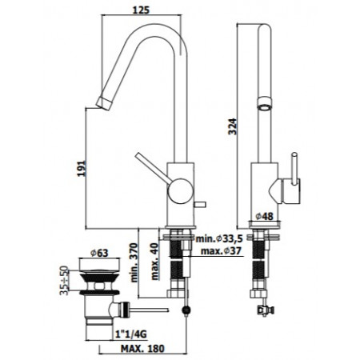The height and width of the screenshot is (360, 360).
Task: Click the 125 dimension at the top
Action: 141,10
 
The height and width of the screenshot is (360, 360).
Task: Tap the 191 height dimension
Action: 82,168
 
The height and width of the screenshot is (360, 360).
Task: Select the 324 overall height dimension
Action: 232,126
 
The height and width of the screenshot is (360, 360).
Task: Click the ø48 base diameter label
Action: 264,216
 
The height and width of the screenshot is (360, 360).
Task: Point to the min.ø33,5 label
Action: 219,238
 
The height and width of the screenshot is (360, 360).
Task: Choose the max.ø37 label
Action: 221,251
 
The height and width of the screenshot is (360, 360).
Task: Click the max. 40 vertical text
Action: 154,261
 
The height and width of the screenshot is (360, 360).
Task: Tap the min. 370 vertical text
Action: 134,262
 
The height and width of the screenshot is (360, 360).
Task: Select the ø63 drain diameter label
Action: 99,253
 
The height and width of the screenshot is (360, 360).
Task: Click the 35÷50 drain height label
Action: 64,280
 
